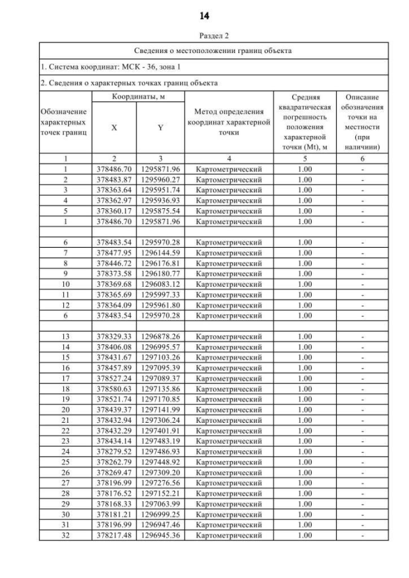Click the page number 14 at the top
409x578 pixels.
[x=204, y=15]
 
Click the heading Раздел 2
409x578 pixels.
[x=204, y=37]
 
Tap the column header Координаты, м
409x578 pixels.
[x=137, y=96]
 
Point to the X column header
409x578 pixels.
[x=114, y=128]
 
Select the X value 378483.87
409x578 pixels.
[x=114, y=179]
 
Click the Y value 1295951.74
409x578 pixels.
[x=160, y=190]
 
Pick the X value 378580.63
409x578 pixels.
[x=114, y=389]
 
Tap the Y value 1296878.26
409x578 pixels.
[x=160, y=337]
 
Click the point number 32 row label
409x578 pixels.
[x=65, y=535]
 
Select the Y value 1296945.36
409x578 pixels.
[x=160, y=535]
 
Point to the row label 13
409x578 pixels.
[x=65, y=337]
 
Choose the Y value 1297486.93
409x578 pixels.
[x=160, y=452]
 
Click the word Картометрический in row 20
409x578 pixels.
[x=229, y=410]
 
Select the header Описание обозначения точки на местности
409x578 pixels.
[x=362, y=122]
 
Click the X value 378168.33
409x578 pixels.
[x=114, y=504]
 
